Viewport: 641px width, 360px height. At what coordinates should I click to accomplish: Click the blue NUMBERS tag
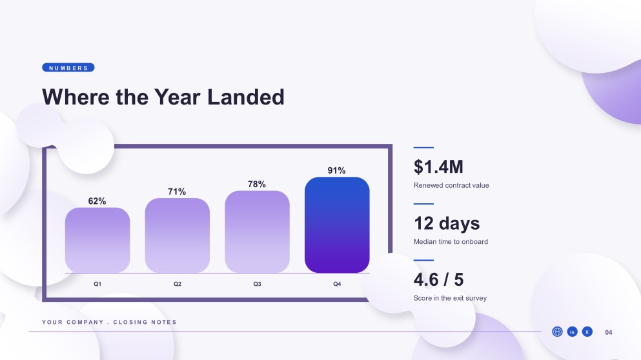click(68, 68)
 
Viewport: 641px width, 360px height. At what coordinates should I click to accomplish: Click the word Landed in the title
click(246, 97)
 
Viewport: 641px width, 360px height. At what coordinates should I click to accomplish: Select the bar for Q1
click(97, 240)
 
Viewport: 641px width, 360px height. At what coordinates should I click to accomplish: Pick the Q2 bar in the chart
click(178, 235)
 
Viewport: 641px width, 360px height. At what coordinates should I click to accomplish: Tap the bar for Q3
click(257, 232)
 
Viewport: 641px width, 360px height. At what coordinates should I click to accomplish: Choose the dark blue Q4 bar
click(337, 225)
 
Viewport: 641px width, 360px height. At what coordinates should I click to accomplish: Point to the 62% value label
click(97, 201)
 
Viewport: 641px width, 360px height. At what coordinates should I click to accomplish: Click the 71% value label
click(177, 192)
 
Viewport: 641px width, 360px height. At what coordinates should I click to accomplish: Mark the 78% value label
click(257, 185)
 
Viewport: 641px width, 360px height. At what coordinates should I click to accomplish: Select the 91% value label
click(336, 170)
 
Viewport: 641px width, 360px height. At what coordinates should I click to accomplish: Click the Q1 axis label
click(97, 284)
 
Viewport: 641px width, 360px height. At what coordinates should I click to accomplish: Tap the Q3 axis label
click(257, 284)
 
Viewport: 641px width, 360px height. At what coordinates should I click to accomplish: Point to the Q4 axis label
click(337, 284)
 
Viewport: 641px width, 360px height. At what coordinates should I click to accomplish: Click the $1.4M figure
click(438, 166)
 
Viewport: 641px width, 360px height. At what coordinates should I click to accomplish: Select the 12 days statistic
click(447, 223)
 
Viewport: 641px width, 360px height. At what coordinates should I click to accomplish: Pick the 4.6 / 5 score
click(439, 280)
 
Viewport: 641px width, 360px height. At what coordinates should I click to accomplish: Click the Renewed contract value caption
click(451, 186)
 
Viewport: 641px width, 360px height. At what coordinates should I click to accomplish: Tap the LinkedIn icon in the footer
click(573, 332)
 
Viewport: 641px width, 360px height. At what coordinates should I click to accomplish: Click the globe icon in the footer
click(557, 332)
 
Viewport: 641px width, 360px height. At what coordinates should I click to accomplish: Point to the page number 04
click(609, 333)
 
